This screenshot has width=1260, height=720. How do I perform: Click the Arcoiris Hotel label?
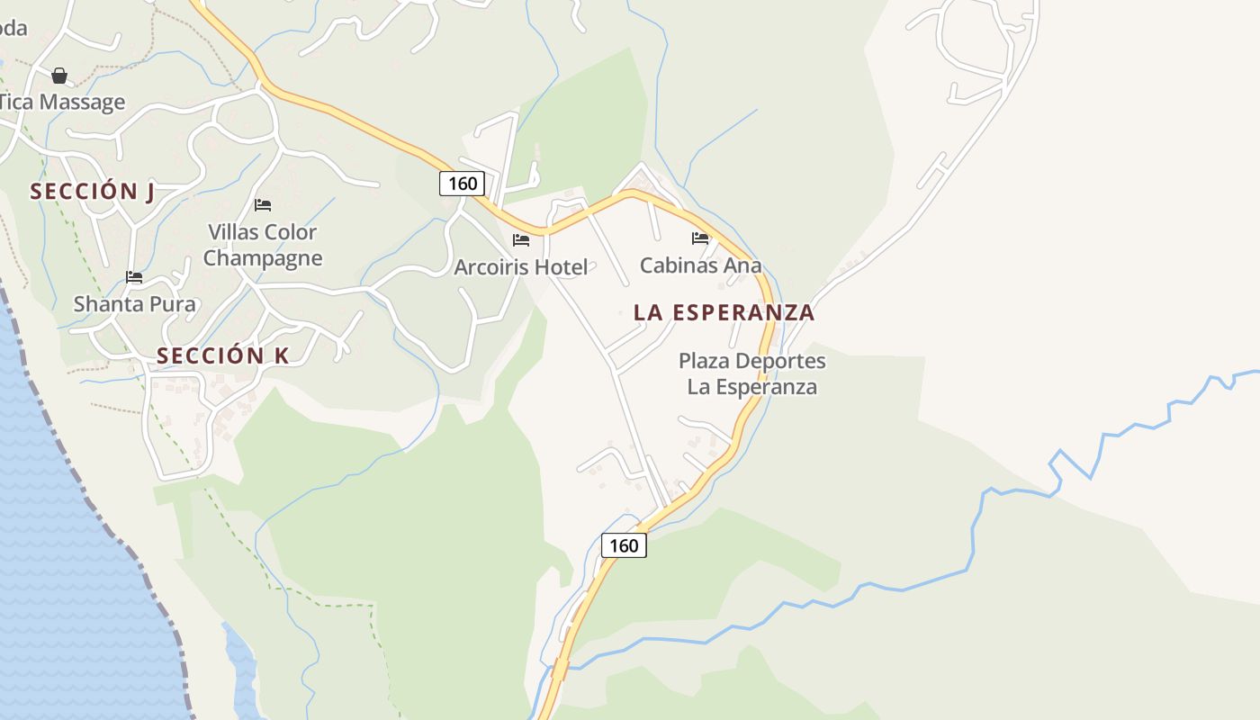(520, 267)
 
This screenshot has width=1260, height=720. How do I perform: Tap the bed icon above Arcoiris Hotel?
(521, 240)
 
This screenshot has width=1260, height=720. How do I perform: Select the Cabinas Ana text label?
(700, 265)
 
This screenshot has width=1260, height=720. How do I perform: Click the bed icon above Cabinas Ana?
(700, 238)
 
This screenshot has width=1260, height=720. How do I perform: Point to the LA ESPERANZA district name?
(724, 312)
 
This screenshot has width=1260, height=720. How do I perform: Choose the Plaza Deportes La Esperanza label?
(751, 373)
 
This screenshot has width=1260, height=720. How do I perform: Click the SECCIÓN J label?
(93, 192)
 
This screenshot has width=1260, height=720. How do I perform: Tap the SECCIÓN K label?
(223, 355)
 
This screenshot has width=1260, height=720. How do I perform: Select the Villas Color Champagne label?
(263, 245)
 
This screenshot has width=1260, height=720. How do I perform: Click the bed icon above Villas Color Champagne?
(263, 205)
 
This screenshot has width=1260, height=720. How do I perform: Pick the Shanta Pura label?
(134, 304)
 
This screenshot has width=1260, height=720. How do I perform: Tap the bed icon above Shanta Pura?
(134, 277)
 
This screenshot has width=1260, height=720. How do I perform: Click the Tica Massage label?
(61, 102)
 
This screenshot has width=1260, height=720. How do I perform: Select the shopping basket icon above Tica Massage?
(59, 76)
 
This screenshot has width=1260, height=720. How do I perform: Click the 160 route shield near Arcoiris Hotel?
(463, 184)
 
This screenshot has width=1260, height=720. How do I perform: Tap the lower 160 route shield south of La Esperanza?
(624, 545)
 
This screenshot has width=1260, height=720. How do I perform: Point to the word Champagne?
(263, 258)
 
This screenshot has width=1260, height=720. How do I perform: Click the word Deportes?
(782, 361)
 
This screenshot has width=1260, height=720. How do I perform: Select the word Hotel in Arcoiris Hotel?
(561, 267)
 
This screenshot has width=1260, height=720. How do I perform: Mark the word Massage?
(82, 102)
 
